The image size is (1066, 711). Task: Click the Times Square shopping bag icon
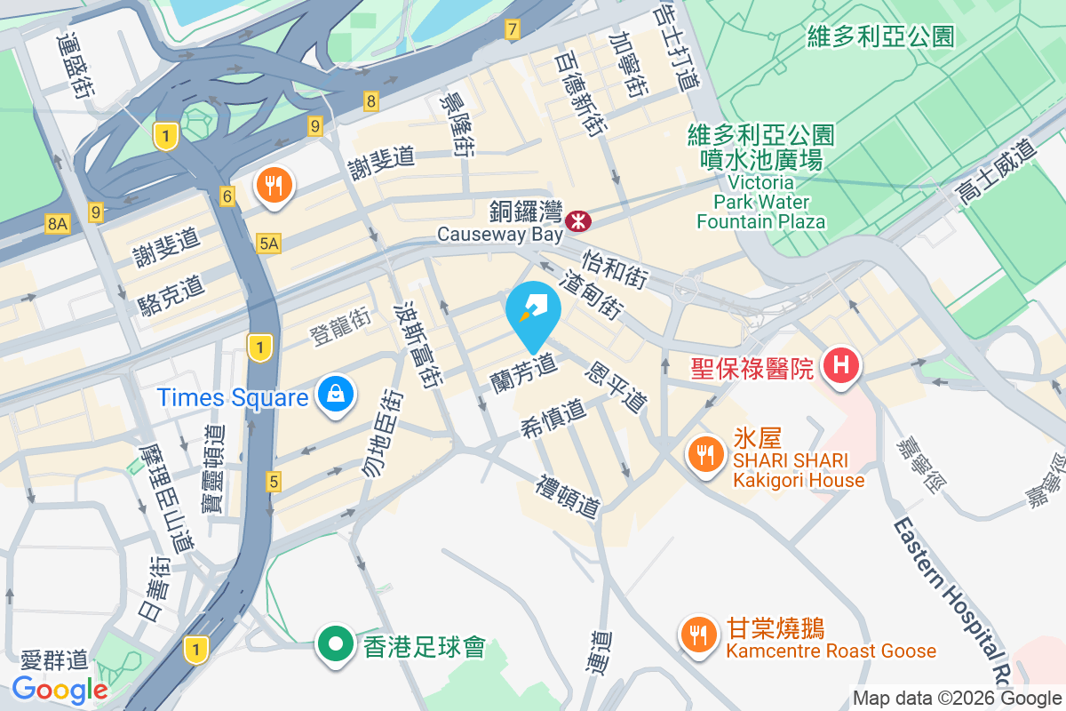[x=336, y=393]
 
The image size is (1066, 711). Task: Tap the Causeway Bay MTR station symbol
[x=579, y=219]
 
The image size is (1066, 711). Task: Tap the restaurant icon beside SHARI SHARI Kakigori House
[x=705, y=455]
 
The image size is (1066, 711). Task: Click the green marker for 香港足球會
[x=336, y=644]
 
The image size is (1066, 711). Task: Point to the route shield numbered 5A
[x=268, y=243]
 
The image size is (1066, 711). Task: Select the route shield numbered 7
[x=512, y=30]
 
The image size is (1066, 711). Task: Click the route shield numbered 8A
[x=58, y=224]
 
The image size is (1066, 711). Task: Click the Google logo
[x=60, y=689]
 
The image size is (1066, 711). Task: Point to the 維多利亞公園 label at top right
[x=880, y=36]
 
